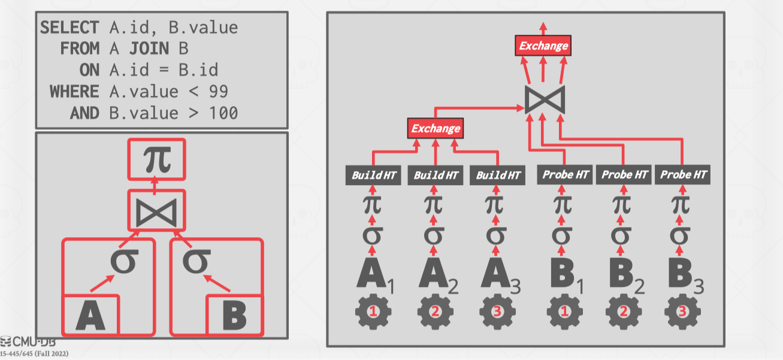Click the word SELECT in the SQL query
[69, 28]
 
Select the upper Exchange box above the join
[543, 46]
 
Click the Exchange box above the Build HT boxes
[436, 128]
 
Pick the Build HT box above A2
[436, 176]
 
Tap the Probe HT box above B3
[683, 175]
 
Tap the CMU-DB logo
[28, 343]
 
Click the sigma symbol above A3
[494, 234]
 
